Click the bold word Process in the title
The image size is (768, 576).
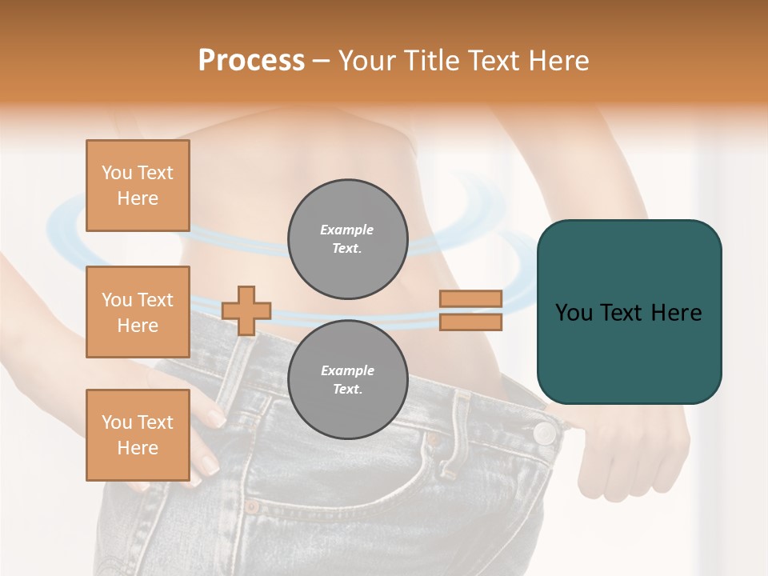(x=251, y=60)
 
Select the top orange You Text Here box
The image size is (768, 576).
(x=138, y=186)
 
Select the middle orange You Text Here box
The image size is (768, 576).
(x=138, y=312)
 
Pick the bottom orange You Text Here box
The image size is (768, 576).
(x=138, y=435)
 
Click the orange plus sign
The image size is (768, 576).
(x=246, y=310)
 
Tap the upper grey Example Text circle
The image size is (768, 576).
(x=348, y=239)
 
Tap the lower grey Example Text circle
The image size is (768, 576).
(x=348, y=379)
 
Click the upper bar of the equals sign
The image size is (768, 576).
(x=470, y=298)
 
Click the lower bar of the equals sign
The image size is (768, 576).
(x=470, y=322)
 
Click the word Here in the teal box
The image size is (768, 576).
(x=676, y=313)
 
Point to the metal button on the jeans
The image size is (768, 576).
(x=545, y=434)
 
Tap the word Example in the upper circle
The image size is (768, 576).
(x=347, y=230)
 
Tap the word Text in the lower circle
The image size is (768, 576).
(x=347, y=389)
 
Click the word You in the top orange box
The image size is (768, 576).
(x=117, y=173)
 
